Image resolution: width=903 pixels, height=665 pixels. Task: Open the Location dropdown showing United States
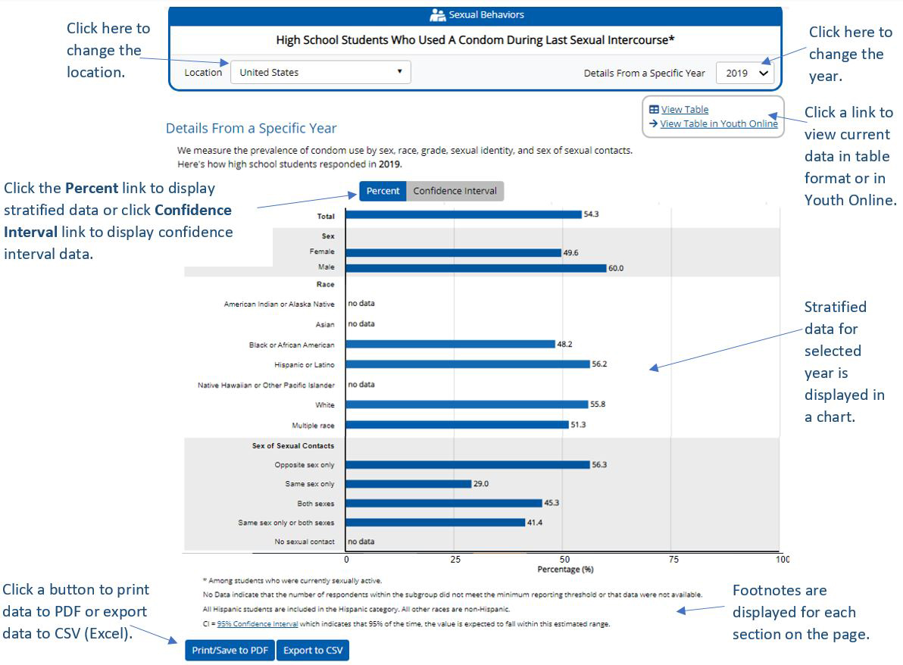point(320,73)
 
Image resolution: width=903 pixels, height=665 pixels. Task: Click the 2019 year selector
point(745,73)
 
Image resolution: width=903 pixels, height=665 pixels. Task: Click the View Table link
point(684,110)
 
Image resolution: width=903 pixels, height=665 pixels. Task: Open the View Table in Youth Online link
point(718,124)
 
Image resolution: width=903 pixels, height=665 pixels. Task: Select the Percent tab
point(383,192)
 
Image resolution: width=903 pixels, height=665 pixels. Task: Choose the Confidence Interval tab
point(455,192)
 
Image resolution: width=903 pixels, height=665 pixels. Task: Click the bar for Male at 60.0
point(476,268)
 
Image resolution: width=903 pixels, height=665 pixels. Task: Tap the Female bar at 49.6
point(453,253)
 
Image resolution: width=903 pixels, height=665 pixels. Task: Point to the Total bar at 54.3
point(463,215)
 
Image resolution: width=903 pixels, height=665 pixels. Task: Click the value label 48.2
point(564,344)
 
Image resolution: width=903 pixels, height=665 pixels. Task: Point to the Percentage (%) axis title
point(565,570)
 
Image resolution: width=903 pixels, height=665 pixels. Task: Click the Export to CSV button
point(312,651)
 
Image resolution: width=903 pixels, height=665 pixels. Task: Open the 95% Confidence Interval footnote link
point(257,624)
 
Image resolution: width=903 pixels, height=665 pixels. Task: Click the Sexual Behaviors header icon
point(437,15)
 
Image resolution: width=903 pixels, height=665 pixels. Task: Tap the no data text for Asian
point(361,324)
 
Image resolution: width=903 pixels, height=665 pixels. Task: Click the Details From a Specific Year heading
point(251,129)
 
